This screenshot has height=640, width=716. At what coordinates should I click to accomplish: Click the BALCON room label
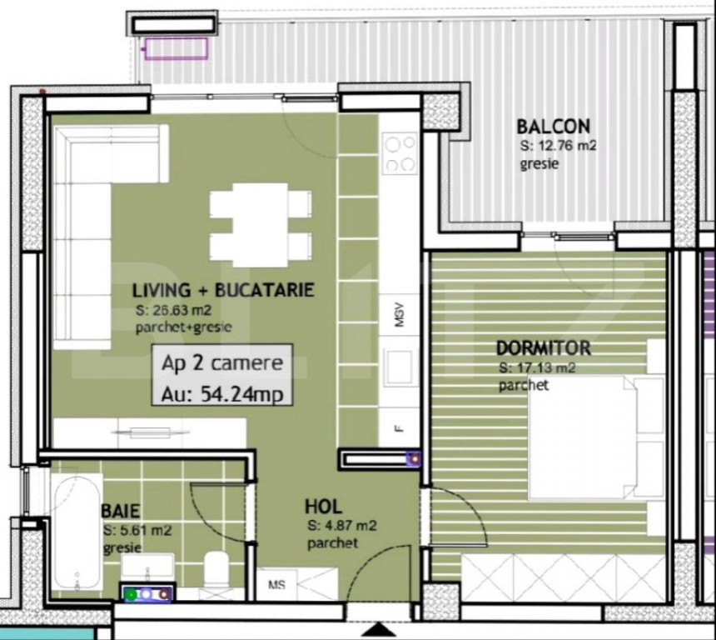click(x=553, y=126)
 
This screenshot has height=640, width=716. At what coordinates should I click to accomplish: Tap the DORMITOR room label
click(x=544, y=348)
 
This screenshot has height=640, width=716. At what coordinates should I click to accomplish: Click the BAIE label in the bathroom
click(x=121, y=511)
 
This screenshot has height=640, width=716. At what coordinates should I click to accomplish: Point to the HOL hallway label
click(x=323, y=507)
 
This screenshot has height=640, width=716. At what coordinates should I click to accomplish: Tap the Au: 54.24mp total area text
click(x=222, y=394)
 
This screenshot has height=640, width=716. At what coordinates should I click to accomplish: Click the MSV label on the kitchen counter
click(x=400, y=315)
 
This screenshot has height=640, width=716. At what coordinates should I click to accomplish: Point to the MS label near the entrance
click(x=276, y=585)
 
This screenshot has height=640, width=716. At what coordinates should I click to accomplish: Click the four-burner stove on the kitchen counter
click(x=400, y=153)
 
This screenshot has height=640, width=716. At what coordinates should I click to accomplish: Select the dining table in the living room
click(x=261, y=225)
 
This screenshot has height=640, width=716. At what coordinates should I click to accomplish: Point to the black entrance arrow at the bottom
click(x=379, y=630)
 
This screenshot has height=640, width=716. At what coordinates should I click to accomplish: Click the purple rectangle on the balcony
click(x=177, y=49)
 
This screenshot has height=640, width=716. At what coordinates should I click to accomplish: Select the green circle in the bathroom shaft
click(x=132, y=595)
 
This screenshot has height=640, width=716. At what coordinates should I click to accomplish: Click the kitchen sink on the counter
click(x=399, y=367)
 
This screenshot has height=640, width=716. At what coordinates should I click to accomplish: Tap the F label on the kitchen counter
click(x=400, y=429)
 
